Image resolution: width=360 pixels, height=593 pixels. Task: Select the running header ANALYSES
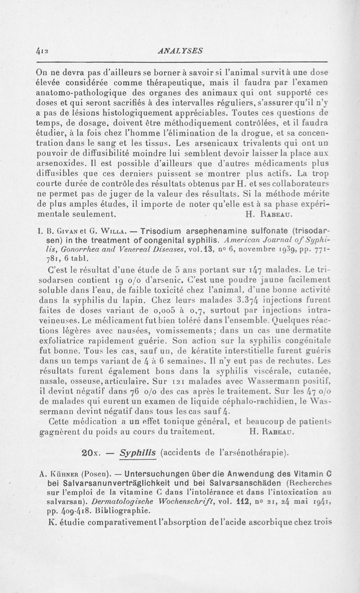177,50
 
